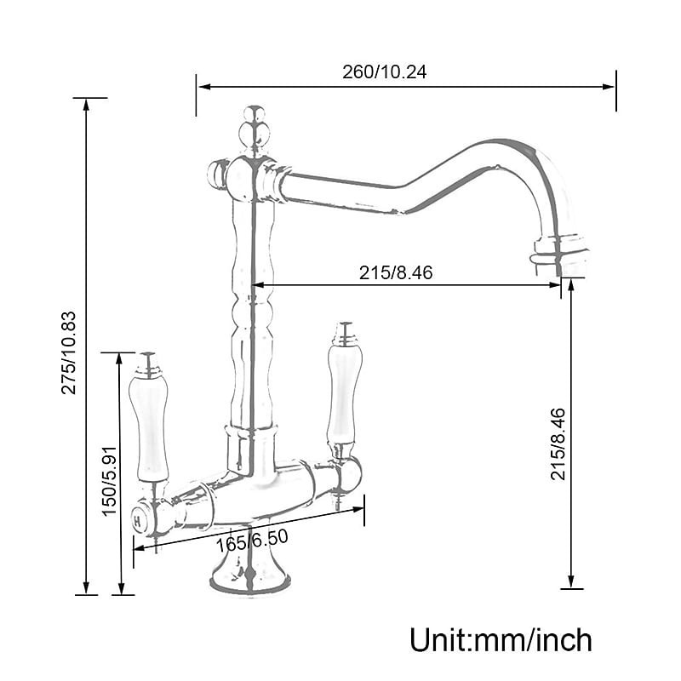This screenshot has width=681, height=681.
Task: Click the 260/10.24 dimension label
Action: (x=384, y=72)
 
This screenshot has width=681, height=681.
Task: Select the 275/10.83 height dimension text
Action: (x=69, y=352)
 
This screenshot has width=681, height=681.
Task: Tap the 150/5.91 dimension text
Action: (x=110, y=481)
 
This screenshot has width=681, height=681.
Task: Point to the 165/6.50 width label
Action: (x=252, y=540)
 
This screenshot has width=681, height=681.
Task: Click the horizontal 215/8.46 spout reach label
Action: (x=396, y=272)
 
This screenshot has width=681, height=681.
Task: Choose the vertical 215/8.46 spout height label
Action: (x=558, y=444)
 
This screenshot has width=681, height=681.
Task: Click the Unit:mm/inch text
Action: (x=501, y=640)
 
